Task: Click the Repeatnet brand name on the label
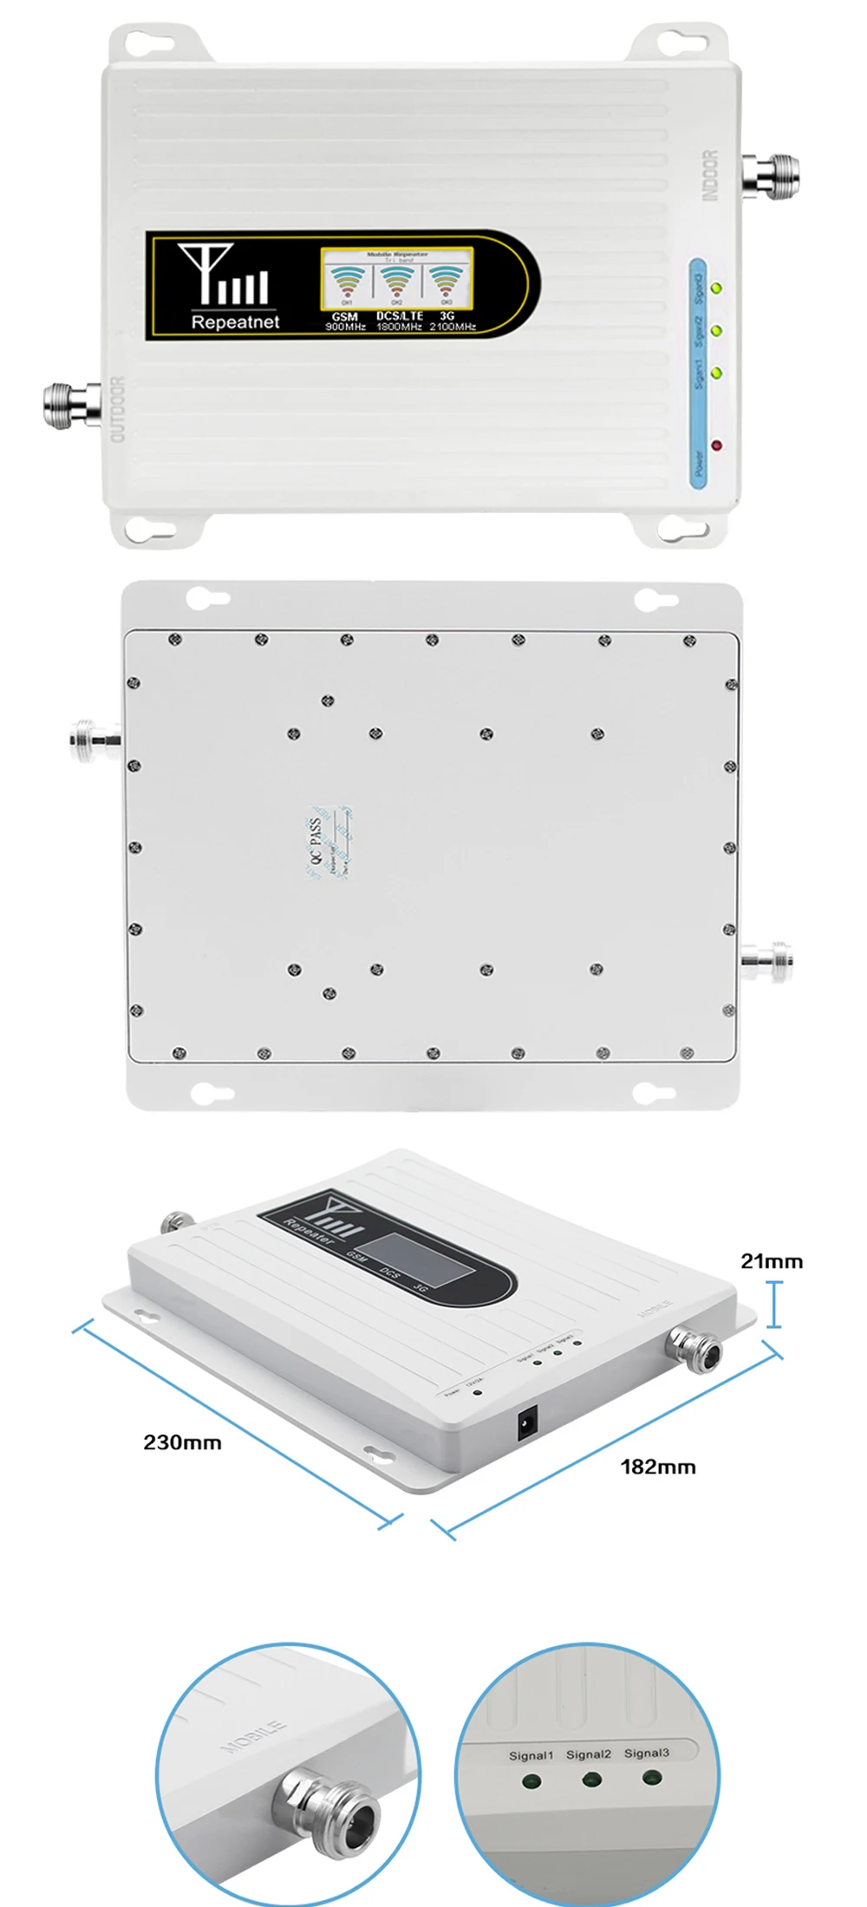tap(235, 322)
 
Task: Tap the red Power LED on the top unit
tap(716, 446)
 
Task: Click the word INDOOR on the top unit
tap(710, 176)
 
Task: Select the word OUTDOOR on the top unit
tap(119, 409)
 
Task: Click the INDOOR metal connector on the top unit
tap(770, 175)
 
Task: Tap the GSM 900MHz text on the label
tap(345, 322)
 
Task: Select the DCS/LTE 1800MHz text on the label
tap(399, 322)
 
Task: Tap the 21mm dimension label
tap(772, 1261)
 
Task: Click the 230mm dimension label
tap(182, 1442)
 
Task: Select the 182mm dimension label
tap(658, 1467)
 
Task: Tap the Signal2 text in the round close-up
tap(589, 1754)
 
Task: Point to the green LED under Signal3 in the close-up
tap(652, 1778)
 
